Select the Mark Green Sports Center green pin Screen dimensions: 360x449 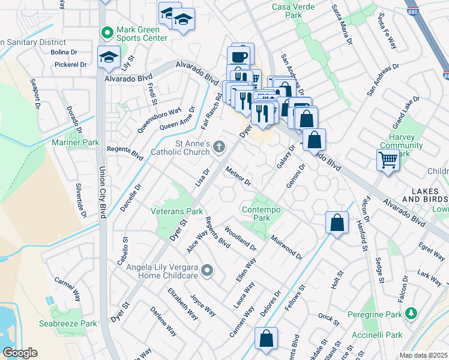(107, 32)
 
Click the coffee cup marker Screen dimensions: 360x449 (241, 56)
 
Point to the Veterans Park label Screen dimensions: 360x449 (177, 211)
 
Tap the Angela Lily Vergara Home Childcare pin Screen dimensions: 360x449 (208, 271)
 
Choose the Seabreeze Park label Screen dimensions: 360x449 (74, 323)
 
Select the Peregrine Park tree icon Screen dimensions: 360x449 (411, 313)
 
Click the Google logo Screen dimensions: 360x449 (20, 352)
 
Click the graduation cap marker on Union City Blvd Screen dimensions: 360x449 (109, 57)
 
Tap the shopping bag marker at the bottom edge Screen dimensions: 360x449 (266, 339)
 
